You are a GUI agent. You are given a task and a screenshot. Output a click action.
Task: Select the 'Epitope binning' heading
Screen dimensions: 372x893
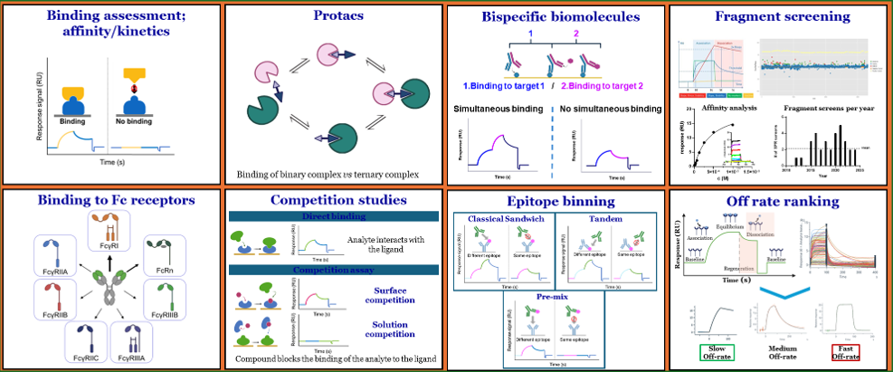click(555, 201)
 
